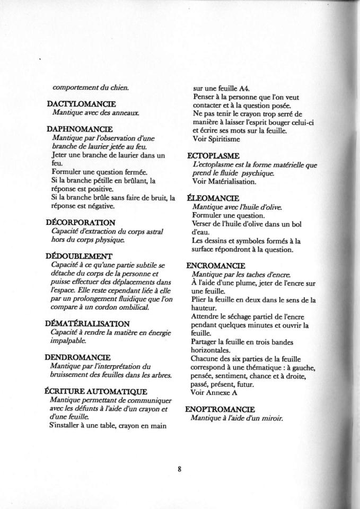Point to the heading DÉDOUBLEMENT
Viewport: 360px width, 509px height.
coord(80,256)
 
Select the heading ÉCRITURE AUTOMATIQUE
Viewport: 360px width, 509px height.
coord(96,391)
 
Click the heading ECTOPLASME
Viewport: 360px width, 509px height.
coord(214,156)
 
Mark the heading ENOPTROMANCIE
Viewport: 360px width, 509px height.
coord(221,409)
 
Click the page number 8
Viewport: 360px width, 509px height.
coord(180,469)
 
